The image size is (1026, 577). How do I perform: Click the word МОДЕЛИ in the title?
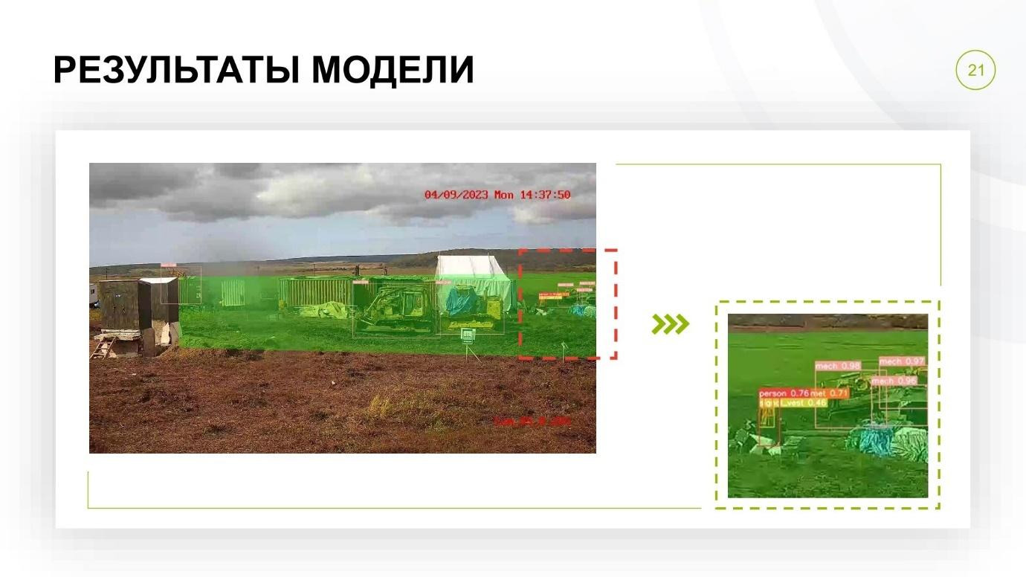[x=392, y=71]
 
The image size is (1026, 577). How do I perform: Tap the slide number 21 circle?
[x=975, y=71]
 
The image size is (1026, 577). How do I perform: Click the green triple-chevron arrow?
[x=670, y=324]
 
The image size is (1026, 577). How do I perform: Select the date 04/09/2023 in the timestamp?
[x=456, y=195]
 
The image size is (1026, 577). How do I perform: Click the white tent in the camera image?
[x=474, y=279]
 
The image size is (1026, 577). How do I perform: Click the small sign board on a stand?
[x=468, y=335]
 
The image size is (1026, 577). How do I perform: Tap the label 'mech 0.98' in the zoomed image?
[x=838, y=366]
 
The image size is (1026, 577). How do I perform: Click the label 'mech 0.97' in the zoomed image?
[x=902, y=361]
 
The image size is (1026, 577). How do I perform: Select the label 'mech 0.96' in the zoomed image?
[x=894, y=381]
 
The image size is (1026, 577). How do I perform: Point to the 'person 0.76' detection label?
[x=784, y=393]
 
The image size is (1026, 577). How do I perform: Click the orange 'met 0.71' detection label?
[x=829, y=393]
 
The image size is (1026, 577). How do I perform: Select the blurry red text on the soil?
[x=532, y=422]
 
